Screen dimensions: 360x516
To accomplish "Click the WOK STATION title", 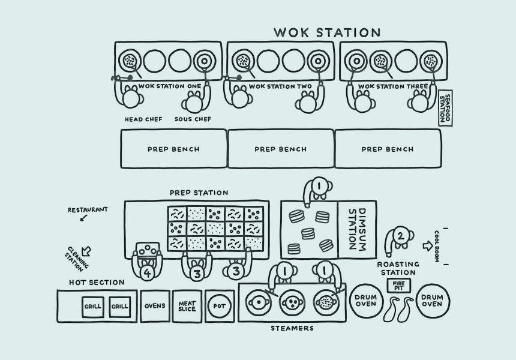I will tap(327, 32).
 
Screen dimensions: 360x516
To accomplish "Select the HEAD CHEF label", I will tap(143, 119).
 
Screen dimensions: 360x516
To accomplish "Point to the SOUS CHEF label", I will tap(193, 119).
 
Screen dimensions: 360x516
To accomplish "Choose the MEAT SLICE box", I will tap(187, 306).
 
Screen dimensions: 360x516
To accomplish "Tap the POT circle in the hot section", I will tap(220, 306).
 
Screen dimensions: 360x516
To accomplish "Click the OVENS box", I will tap(155, 306).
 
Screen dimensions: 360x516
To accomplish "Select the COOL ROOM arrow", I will tap(427, 245).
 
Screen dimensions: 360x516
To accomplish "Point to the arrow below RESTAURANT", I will tap(83, 217).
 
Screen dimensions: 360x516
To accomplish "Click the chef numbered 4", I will tap(147, 272).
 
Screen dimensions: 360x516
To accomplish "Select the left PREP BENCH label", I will tap(173, 149).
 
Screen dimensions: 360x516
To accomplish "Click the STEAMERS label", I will tap(292, 328).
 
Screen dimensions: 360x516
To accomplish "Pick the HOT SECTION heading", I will tap(97, 283).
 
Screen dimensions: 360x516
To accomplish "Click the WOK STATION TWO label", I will tap(280, 86).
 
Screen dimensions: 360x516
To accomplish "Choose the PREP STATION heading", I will tap(199, 193).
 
